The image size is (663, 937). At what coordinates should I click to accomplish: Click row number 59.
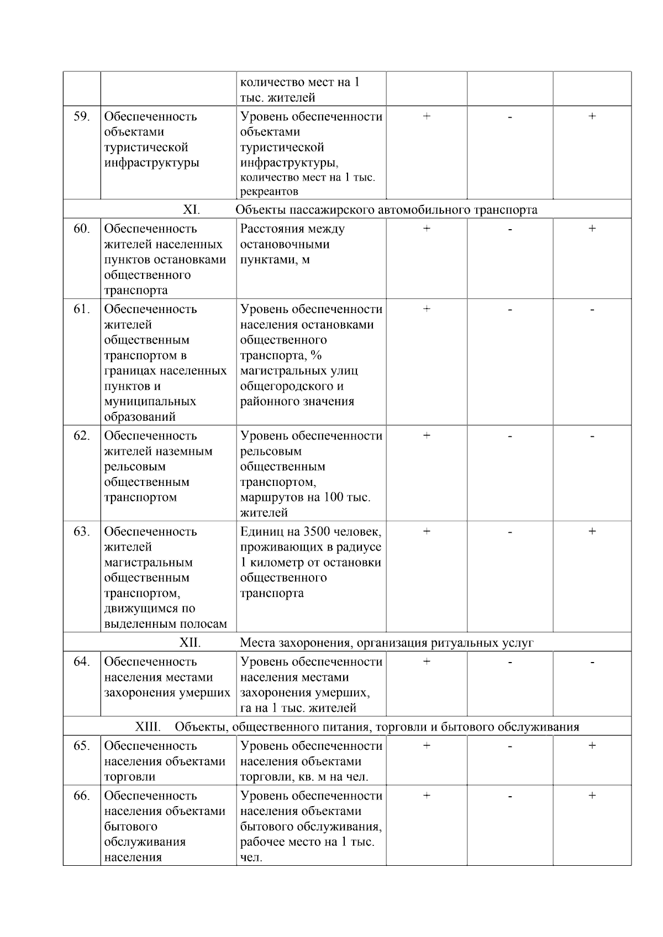(x=81, y=117)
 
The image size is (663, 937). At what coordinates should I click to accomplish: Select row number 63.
(x=81, y=532)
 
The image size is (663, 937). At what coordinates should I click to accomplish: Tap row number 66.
(x=81, y=796)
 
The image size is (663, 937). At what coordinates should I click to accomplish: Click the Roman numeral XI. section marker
(x=191, y=210)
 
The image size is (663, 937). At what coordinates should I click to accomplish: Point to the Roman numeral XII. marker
(x=190, y=643)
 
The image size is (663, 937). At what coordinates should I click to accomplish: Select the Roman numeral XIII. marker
(x=148, y=727)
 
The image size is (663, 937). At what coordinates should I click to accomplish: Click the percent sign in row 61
(x=316, y=356)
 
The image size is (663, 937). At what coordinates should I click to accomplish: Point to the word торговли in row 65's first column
(x=130, y=777)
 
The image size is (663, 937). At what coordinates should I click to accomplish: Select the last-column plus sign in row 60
(x=592, y=228)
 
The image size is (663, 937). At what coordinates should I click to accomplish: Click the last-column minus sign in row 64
(x=592, y=661)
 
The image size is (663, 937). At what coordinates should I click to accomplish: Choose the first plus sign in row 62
(x=427, y=436)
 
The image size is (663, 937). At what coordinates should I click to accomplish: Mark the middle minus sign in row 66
(x=510, y=796)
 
